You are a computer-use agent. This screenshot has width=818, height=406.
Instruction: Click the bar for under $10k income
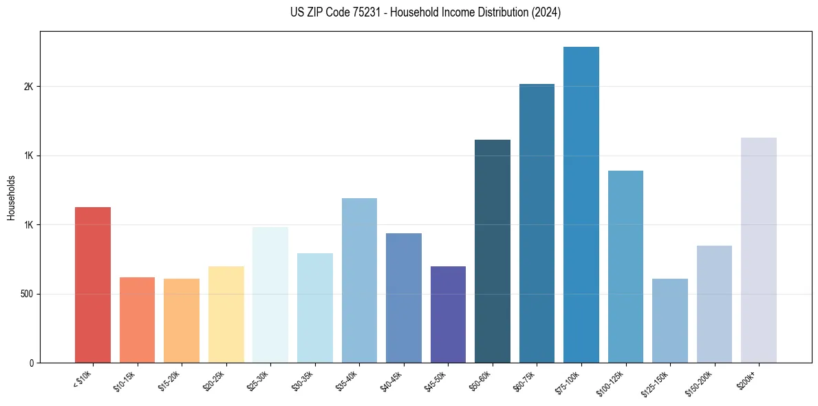click(x=93, y=285)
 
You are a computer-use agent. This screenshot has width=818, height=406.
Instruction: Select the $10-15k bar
click(x=137, y=320)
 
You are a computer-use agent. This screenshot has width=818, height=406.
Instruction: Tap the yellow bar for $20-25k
click(x=226, y=314)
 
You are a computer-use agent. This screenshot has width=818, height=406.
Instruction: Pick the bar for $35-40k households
click(x=359, y=280)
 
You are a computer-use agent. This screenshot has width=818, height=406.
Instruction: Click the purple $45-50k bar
click(x=448, y=314)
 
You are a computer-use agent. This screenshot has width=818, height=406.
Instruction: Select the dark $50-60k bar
click(x=493, y=251)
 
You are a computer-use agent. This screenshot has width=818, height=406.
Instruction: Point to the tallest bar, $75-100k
click(x=581, y=204)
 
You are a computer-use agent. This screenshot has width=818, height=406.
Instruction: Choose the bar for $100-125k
click(x=625, y=266)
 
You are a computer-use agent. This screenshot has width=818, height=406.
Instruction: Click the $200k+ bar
click(x=759, y=250)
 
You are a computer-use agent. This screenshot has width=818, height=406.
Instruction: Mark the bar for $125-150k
click(x=670, y=321)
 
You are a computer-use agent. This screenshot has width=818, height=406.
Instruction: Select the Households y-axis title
click(x=12, y=197)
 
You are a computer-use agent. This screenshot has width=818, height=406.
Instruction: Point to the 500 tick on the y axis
click(x=26, y=294)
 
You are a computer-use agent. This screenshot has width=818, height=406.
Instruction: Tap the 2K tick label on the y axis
click(x=29, y=87)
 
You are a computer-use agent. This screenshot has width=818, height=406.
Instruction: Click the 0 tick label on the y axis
click(x=32, y=363)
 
